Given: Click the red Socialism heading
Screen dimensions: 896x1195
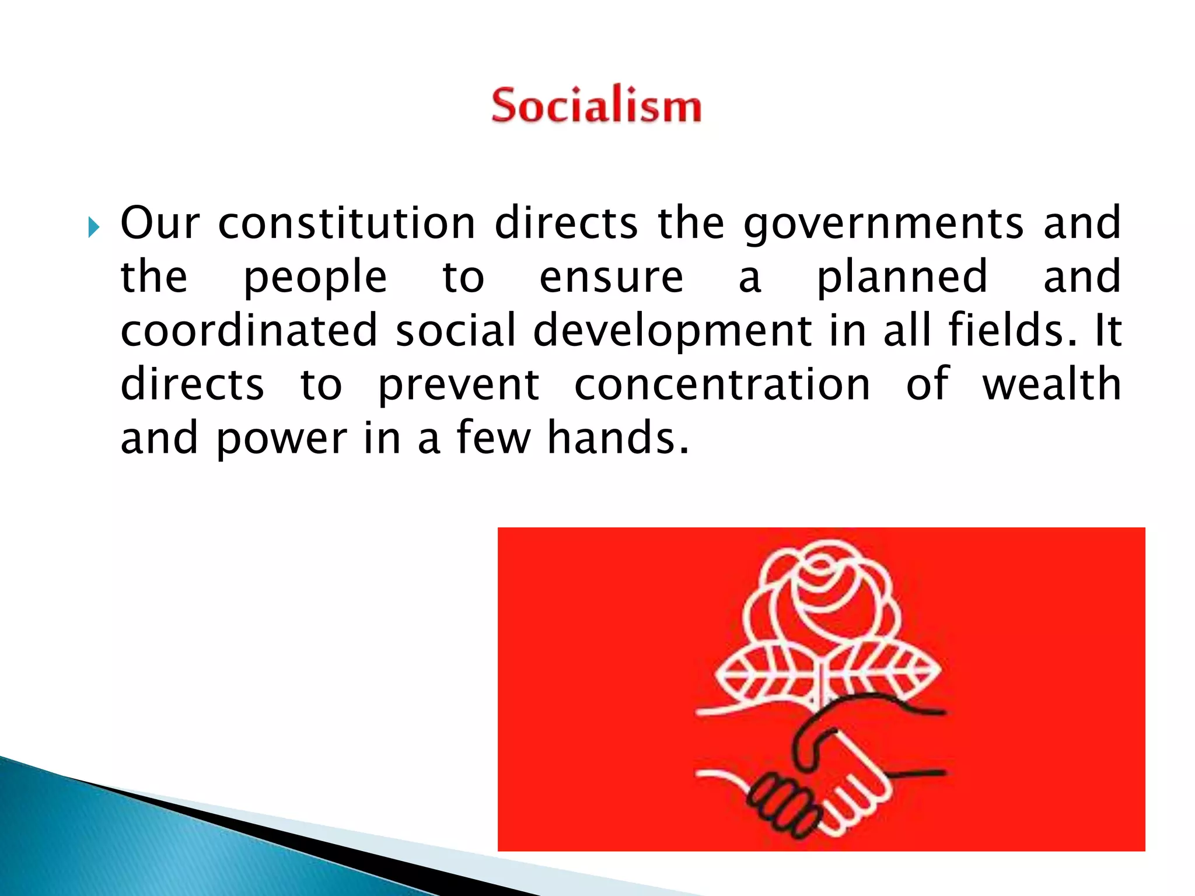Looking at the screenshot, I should click(x=596, y=106).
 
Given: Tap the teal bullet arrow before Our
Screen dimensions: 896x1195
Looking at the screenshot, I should click(x=93, y=227).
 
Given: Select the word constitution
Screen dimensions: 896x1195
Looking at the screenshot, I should click(x=347, y=223).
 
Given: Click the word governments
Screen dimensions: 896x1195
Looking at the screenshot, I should click(x=883, y=225).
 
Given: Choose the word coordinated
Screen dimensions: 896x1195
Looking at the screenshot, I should click(x=249, y=331).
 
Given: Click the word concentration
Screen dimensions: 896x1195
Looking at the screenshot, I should click(x=722, y=385).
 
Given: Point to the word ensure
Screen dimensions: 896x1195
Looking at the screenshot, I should click(x=610, y=278).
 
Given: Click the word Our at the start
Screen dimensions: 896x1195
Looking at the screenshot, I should click(x=160, y=223).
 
